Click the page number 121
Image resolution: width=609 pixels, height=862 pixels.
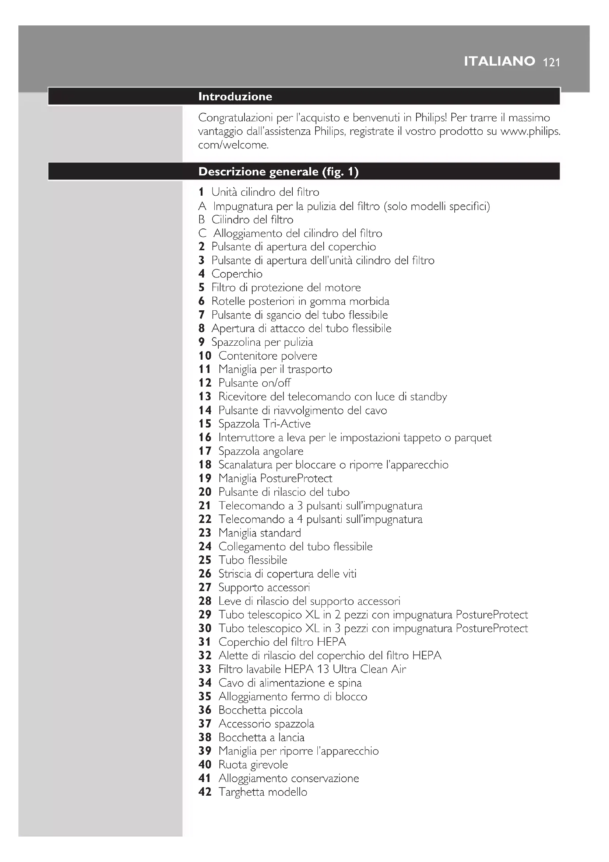[551, 62]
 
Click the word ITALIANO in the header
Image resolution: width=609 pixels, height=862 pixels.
[499, 61]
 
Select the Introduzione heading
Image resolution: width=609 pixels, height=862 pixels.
[235, 97]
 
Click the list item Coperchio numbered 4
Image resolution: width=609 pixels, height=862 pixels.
[237, 274]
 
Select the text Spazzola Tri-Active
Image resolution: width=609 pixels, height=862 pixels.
[264, 423]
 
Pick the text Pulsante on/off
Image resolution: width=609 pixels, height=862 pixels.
[254, 383]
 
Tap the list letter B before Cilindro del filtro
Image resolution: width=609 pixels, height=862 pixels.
[201, 219]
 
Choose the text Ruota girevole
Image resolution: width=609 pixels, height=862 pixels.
[253, 764]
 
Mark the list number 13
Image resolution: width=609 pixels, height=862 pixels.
[205, 397]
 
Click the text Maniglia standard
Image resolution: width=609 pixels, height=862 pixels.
[260, 533]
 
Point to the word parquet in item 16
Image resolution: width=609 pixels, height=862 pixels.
[473, 437]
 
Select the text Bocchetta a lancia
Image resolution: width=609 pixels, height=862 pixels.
[261, 737]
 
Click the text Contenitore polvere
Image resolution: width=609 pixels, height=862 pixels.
[268, 356]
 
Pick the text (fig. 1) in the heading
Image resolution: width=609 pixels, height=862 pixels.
[340, 172]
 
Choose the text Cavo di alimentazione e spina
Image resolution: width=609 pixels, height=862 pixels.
[290, 683]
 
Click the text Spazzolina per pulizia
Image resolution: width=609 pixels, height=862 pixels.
[262, 342]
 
